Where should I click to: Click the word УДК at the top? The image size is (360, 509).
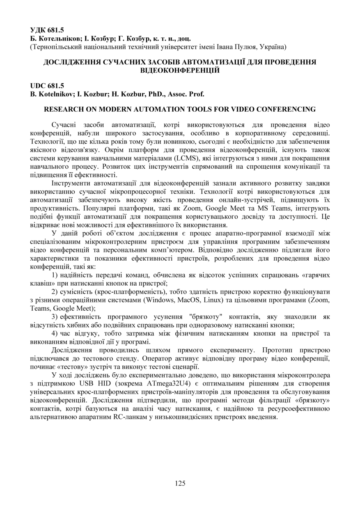pos(38,30)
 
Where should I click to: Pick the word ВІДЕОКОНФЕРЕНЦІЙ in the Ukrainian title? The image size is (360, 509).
pos(180,70)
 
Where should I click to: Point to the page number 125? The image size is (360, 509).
pos(180,483)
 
